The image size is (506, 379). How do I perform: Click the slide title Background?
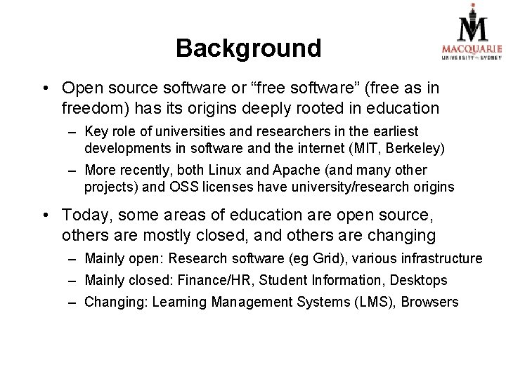pos(248,48)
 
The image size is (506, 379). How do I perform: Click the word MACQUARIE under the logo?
pos(472,48)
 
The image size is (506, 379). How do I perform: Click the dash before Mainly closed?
pos(73,281)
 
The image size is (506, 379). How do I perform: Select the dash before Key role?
pos(73,132)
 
